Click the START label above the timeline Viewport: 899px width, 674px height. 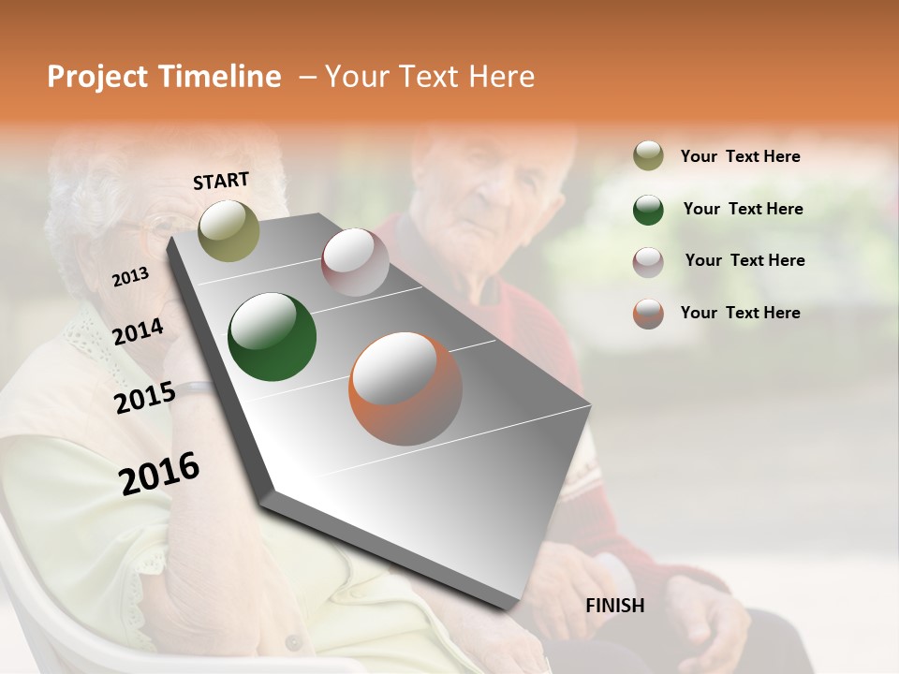pos(221,181)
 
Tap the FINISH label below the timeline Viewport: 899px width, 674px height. pos(614,606)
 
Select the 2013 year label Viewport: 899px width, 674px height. pos(130,276)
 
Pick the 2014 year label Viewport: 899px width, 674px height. pos(138,331)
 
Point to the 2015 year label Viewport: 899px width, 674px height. pos(144,398)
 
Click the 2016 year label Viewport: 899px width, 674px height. pos(159,473)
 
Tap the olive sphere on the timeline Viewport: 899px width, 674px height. pos(228,230)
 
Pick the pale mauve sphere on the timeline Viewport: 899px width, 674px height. pos(355,262)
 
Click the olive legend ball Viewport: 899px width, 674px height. pos(648,156)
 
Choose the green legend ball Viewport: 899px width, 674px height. pos(648,210)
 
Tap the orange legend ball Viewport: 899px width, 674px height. pos(648,314)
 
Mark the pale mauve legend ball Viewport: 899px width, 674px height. pos(648,261)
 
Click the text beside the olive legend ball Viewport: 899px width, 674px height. pos(740,156)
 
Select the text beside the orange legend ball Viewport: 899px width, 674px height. pos(740,313)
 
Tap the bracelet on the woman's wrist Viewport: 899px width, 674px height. pos(195,387)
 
